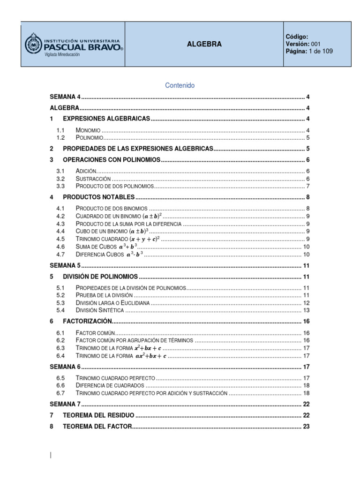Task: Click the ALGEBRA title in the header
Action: tap(204, 44)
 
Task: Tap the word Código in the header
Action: tap(297, 37)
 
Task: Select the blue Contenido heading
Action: tap(180, 85)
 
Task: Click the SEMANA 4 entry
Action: tap(65, 97)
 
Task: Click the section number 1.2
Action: tap(60, 138)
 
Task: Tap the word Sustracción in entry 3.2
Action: tap(93, 179)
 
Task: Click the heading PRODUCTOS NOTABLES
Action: tap(98, 197)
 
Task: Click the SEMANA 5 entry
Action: tap(65, 265)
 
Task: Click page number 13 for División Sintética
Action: tap(306, 310)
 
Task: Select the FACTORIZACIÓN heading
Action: tap(88, 321)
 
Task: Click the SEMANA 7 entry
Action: tap(65, 404)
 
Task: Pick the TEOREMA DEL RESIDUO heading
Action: tap(98, 415)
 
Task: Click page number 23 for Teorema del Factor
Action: tap(306, 427)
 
